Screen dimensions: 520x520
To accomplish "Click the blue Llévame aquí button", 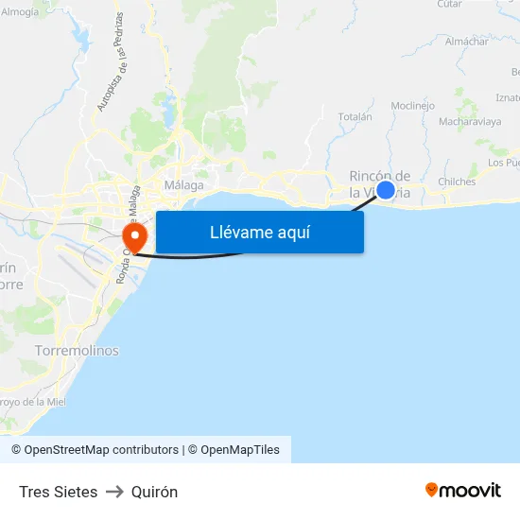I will tap(259, 232).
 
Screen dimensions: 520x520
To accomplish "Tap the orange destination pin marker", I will tap(134, 236).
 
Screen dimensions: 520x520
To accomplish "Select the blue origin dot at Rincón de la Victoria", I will tap(386, 189).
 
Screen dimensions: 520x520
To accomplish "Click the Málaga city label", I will tap(183, 185).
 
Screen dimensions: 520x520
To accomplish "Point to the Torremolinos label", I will tap(77, 351).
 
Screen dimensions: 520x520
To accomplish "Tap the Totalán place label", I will tap(355, 117).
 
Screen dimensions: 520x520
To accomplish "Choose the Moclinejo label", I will tap(412, 106).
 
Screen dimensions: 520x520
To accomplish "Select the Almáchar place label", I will tap(466, 42).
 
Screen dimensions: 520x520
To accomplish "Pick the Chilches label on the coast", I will tap(457, 182).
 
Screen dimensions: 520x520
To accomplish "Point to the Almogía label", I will tap(20, 12).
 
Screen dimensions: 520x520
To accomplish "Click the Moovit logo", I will tap(463, 491).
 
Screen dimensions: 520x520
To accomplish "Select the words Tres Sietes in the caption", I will tap(58, 492).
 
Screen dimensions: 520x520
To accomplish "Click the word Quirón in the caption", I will tap(154, 492).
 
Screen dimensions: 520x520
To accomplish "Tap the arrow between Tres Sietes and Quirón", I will tap(114, 492).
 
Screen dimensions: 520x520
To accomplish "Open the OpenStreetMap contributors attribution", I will tap(95, 450).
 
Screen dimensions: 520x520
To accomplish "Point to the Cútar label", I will tap(450, 4).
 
